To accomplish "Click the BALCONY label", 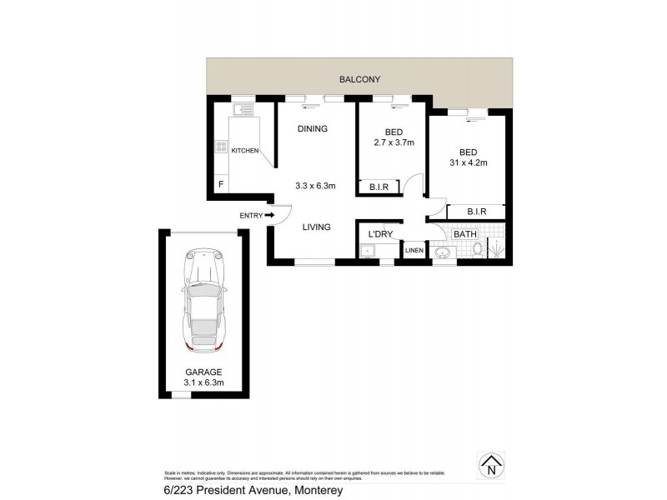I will coord(359,80).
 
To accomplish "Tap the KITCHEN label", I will coord(245,150).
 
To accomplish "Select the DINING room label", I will coord(311,129).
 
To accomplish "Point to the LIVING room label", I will coord(317,227).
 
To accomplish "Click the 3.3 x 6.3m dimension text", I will coord(315,186).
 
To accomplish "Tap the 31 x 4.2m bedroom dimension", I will coord(467,163).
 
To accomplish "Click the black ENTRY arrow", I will coord(270,216).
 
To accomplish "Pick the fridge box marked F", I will coord(221,184).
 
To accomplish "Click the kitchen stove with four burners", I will coord(223,147).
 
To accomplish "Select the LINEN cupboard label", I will coord(414,251).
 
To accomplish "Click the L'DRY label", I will coord(380,234).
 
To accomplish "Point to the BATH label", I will coord(464,234).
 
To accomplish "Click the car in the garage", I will coord(203,300).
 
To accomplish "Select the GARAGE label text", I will coord(204,372).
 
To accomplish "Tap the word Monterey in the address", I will coord(315,491).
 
